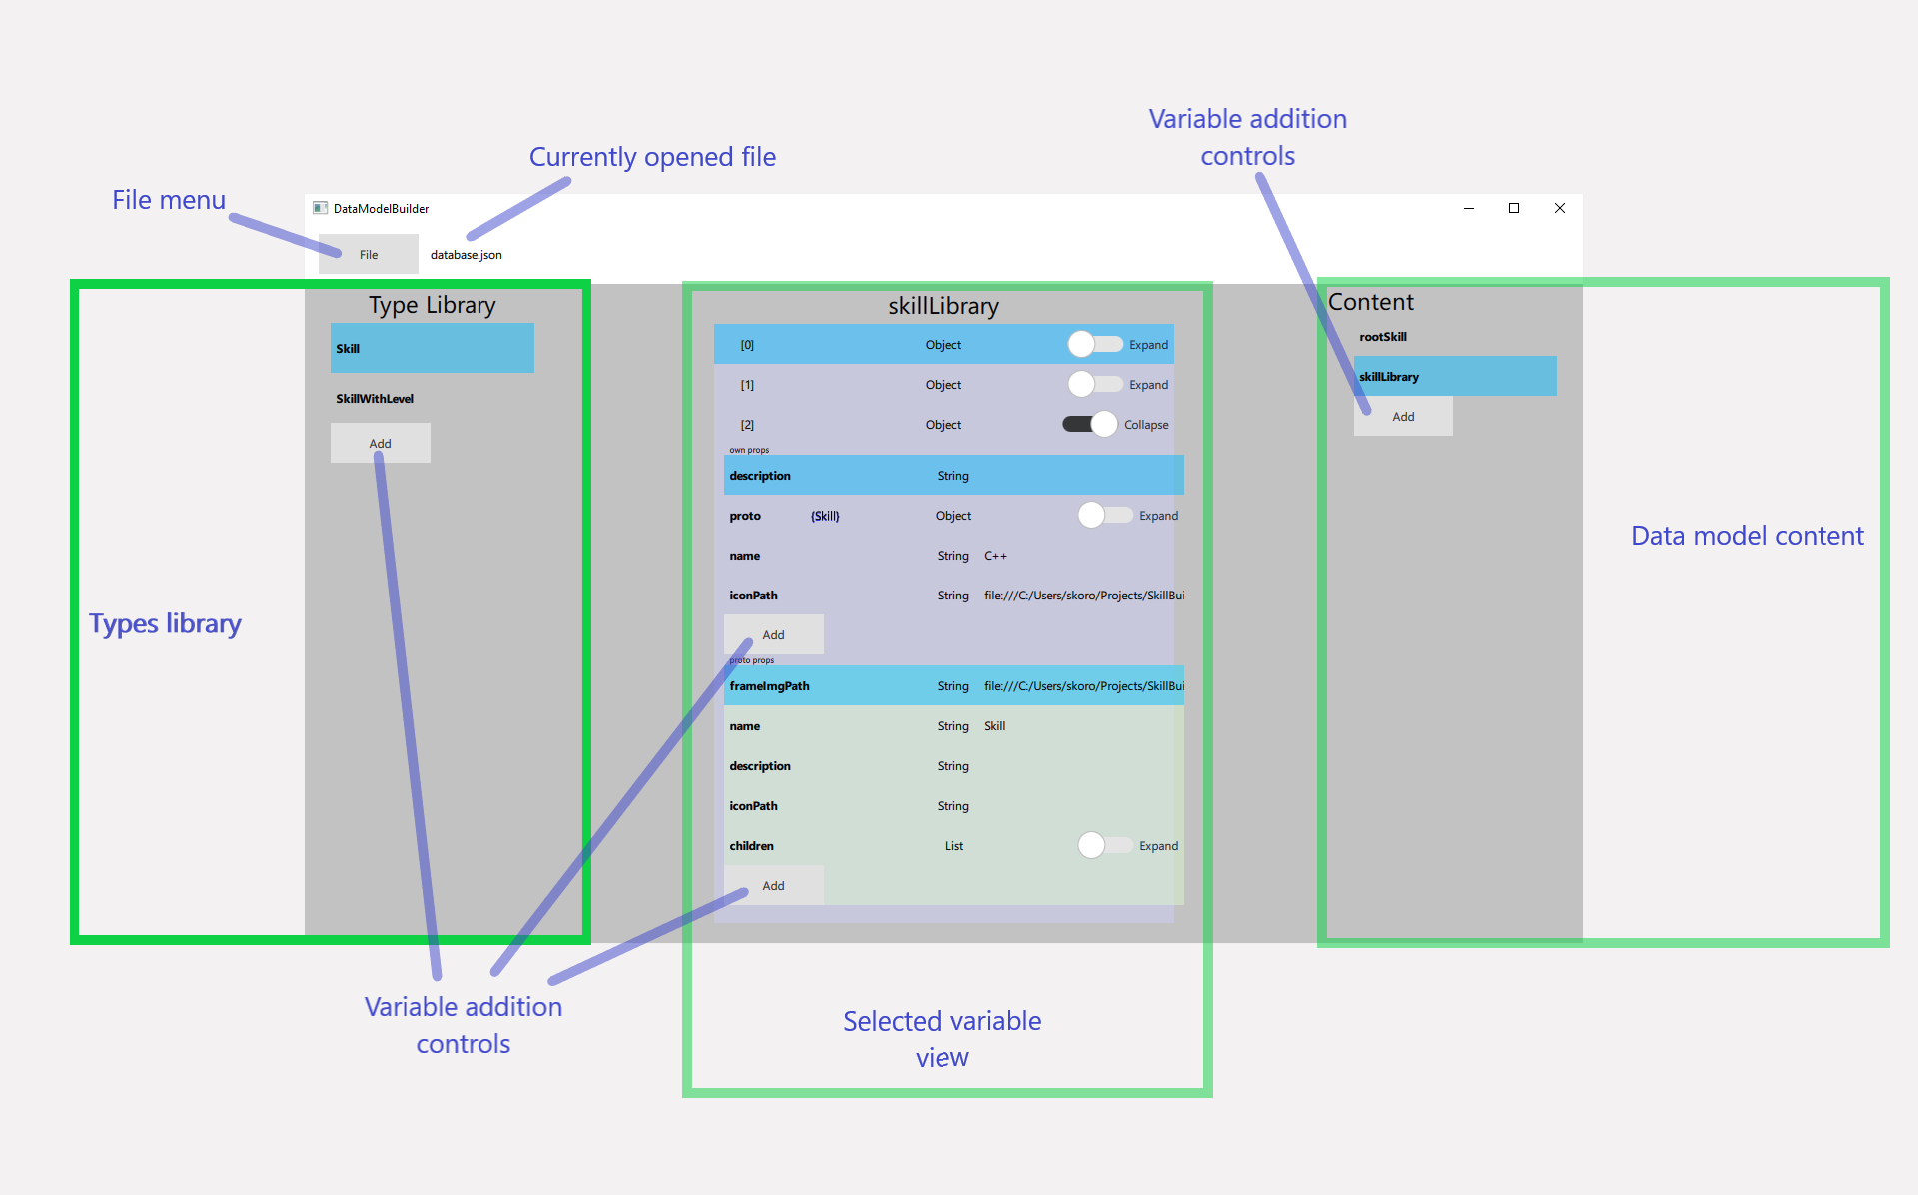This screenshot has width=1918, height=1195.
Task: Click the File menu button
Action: (368, 255)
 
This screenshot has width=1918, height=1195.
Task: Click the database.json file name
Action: (466, 255)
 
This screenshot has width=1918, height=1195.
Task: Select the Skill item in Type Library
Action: (432, 349)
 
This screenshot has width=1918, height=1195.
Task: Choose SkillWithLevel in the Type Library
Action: (375, 399)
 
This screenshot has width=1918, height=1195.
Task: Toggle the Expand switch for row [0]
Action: (1095, 345)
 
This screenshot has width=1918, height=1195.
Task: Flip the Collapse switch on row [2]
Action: (1090, 425)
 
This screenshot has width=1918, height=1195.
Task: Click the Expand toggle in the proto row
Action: (1105, 516)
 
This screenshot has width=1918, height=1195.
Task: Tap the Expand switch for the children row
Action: (1105, 846)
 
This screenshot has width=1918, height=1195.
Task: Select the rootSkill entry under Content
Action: (1383, 337)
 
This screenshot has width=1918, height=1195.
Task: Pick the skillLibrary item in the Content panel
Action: (1453, 377)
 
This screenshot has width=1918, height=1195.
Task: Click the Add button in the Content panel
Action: (1403, 417)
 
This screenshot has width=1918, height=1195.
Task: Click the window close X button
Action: (1560, 208)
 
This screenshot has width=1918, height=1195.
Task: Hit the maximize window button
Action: (1514, 208)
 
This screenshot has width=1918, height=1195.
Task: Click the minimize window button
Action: (1469, 208)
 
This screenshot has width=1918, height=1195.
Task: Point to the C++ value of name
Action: (995, 556)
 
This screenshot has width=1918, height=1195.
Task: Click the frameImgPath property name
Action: (769, 686)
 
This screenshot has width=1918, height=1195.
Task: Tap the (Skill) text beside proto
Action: (825, 516)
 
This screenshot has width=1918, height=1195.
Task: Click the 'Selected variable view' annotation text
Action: (942, 1039)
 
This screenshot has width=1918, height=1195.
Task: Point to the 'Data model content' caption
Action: (1747, 536)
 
